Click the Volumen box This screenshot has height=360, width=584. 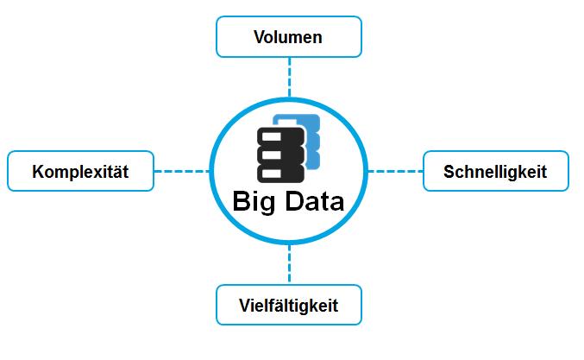(x=289, y=36)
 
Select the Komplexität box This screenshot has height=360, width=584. (x=80, y=171)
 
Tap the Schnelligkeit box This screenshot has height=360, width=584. (x=496, y=171)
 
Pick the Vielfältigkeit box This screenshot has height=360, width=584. (x=289, y=305)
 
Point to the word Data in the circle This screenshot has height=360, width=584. (x=315, y=201)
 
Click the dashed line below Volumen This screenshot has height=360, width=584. (x=289, y=77)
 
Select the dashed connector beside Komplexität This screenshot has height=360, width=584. (x=182, y=171)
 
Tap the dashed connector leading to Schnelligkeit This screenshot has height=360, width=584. (x=396, y=171)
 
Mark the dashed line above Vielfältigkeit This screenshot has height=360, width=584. (x=289, y=264)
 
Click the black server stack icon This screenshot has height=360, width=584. (x=281, y=155)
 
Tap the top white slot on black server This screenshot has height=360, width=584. (x=272, y=136)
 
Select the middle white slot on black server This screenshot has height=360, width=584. (x=272, y=155)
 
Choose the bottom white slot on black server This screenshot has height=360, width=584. (x=272, y=174)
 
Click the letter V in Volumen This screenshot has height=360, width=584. (x=260, y=37)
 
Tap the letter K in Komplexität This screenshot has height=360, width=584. (x=38, y=172)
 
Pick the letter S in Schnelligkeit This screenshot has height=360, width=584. (x=449, y=172)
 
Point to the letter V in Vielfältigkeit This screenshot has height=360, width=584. (x=245, y=306)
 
